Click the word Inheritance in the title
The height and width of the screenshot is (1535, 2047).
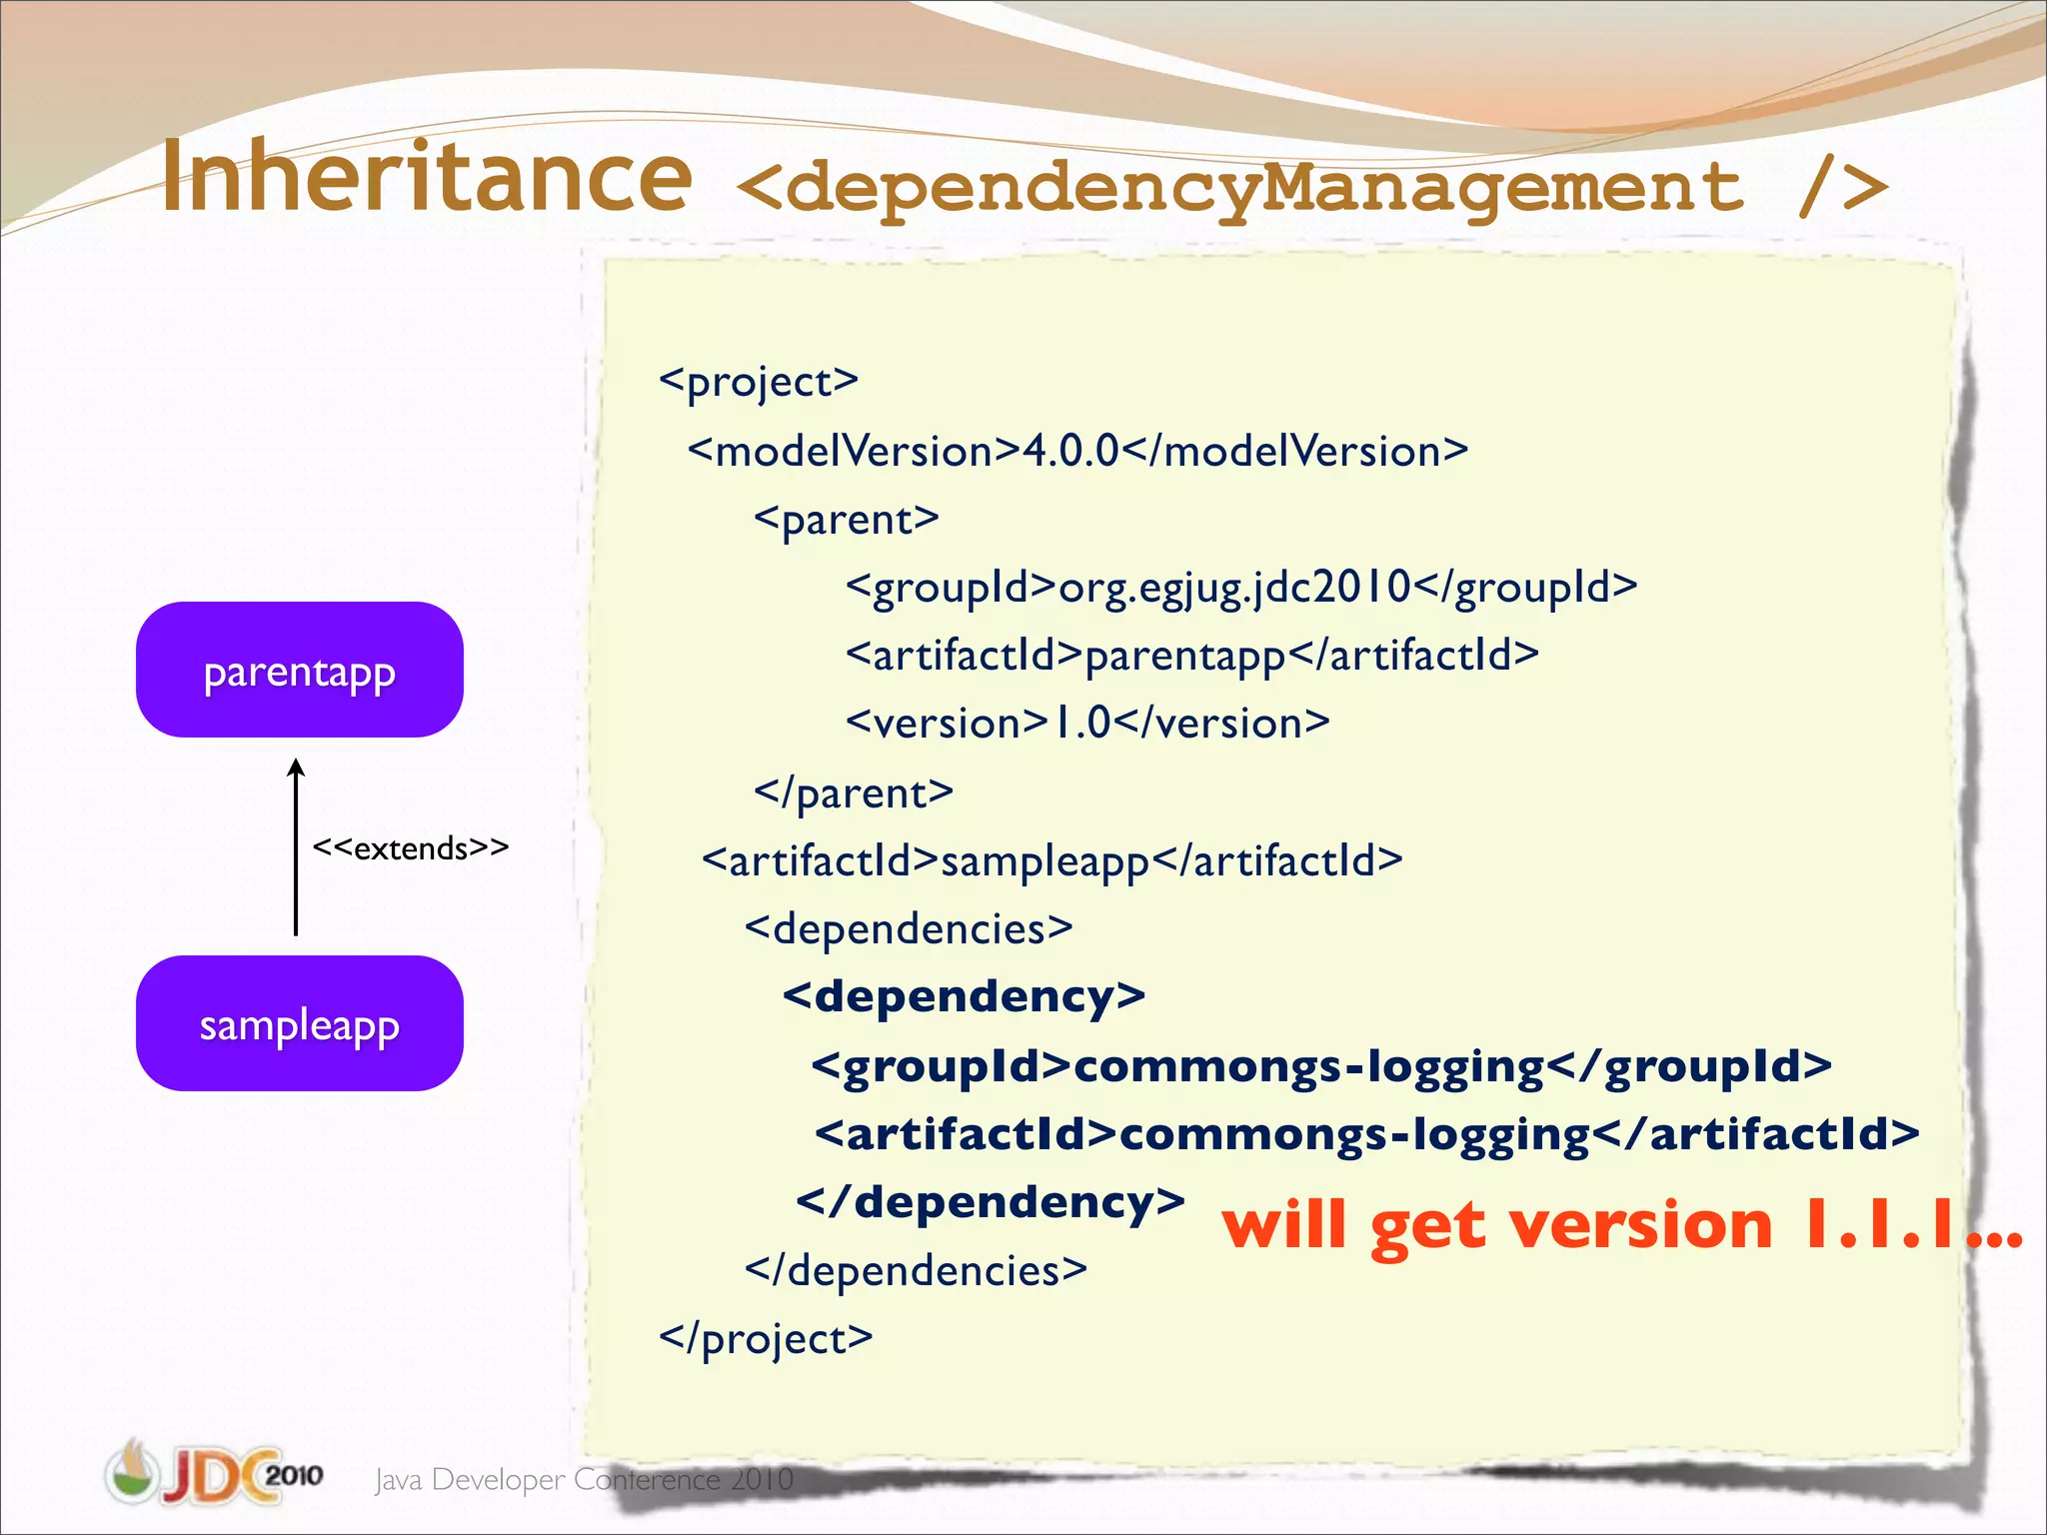(x=427, y=177)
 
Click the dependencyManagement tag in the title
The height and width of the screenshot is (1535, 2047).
(x=1311, y=188)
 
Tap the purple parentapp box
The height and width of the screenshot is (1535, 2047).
(x=299, y=671)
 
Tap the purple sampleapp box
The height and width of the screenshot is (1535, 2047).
(x=299, y=1024)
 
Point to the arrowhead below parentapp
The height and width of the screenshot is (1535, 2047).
(x=296, y=767)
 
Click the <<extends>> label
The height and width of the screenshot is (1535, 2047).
(x=410, y=848)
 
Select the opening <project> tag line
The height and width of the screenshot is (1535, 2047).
(x=759, y=382)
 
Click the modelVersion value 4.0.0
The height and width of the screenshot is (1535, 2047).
(x=1070, y=451)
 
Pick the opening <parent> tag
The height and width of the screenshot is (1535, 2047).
(x=847, y=520)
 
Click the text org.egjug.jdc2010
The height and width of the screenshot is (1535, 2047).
(x=1234, y=587)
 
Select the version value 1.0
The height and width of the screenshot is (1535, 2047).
(x=1081, y=723)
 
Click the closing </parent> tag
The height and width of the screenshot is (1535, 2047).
(x=854, y=792)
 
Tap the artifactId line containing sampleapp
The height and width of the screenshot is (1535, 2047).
(x=1051, y=860)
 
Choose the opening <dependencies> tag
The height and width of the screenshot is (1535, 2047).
(x=909, y=928)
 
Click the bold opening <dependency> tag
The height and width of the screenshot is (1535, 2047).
(x=964, y=996)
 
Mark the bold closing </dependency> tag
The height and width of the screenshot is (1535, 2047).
(x=990, y=1201)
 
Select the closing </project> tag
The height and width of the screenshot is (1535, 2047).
(x=766, y=1338)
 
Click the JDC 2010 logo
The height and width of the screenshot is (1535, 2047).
(x=214, y=1473)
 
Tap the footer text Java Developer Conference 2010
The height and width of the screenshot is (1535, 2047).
(x=584, y=1479)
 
